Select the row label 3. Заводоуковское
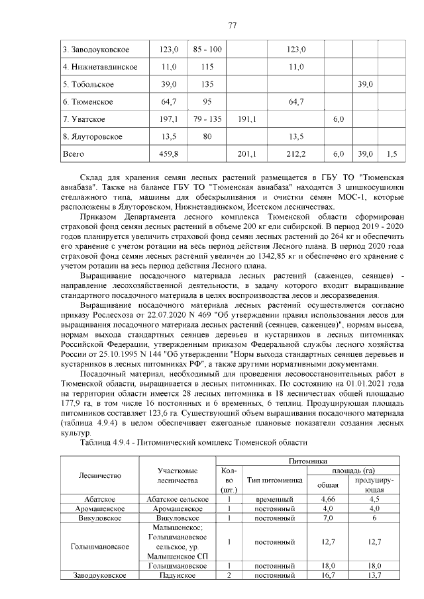(95, 50)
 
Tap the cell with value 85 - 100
(207, 50)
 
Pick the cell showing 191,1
(246, 119)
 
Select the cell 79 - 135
(207, 119)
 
